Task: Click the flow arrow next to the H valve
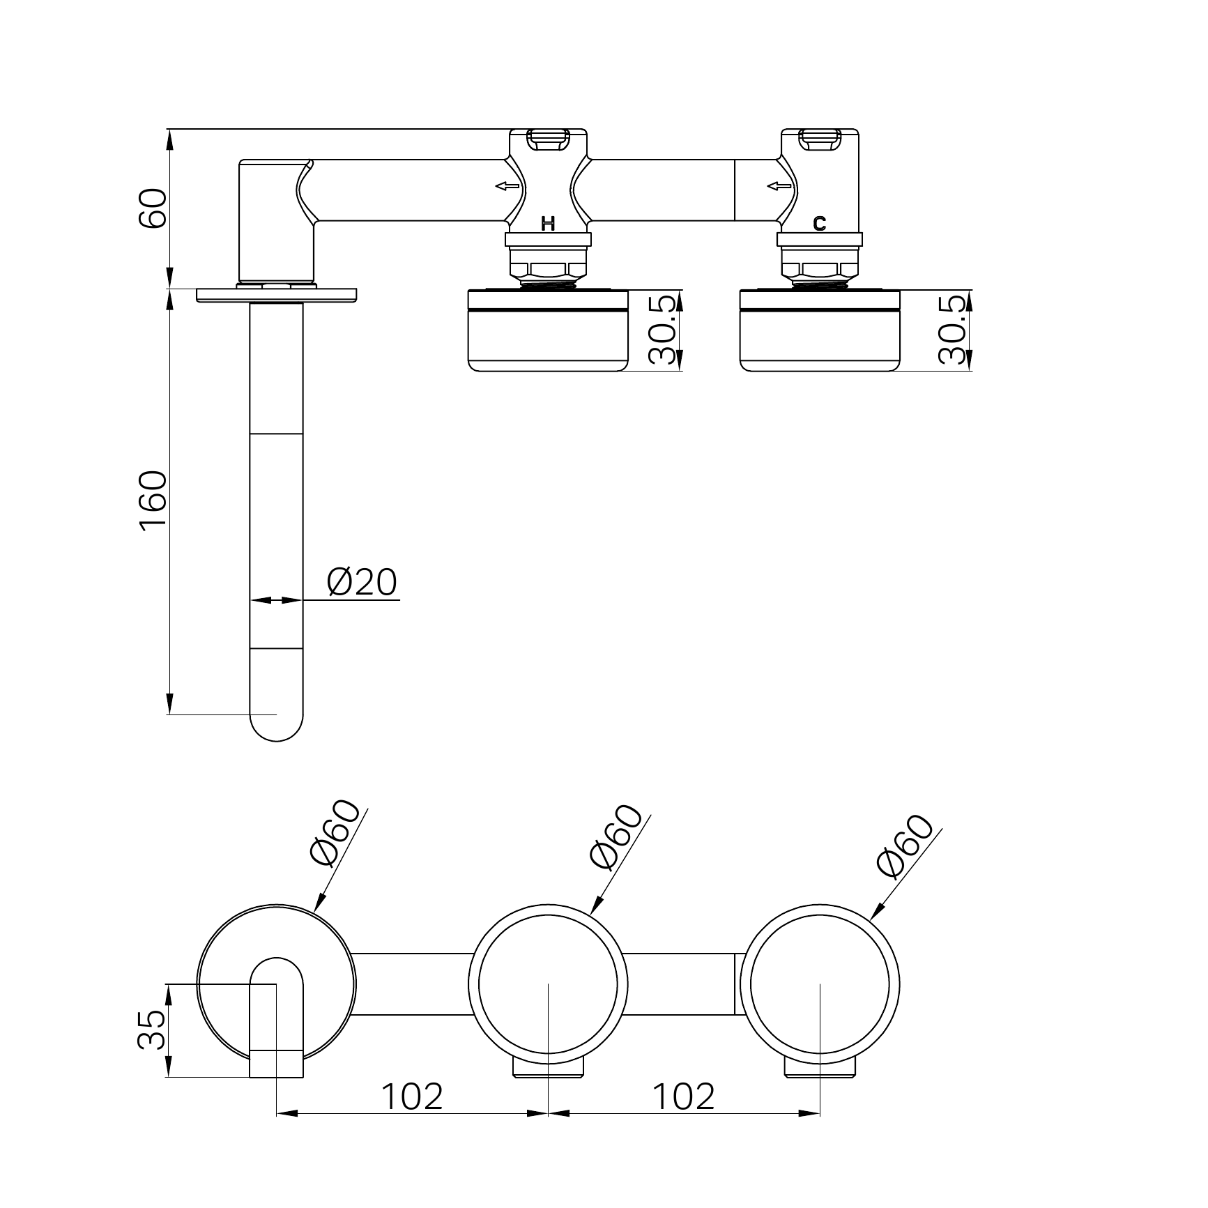coord(507,186)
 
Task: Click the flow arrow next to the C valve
coord(779,186)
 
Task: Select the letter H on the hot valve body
coord(549,224)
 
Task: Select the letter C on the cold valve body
coord(820,224)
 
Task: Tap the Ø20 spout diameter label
coord(362,582)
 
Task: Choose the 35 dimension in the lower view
coord(152,1030)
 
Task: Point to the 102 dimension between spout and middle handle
coord(412,1096)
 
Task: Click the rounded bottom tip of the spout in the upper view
coord(277,740)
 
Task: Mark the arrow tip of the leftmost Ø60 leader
coord(315,911)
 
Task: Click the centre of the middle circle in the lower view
coord(549,985)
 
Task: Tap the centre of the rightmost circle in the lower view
coord(820,985)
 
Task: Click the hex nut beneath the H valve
coord(549,269)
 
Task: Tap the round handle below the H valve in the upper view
coord(549,330)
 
